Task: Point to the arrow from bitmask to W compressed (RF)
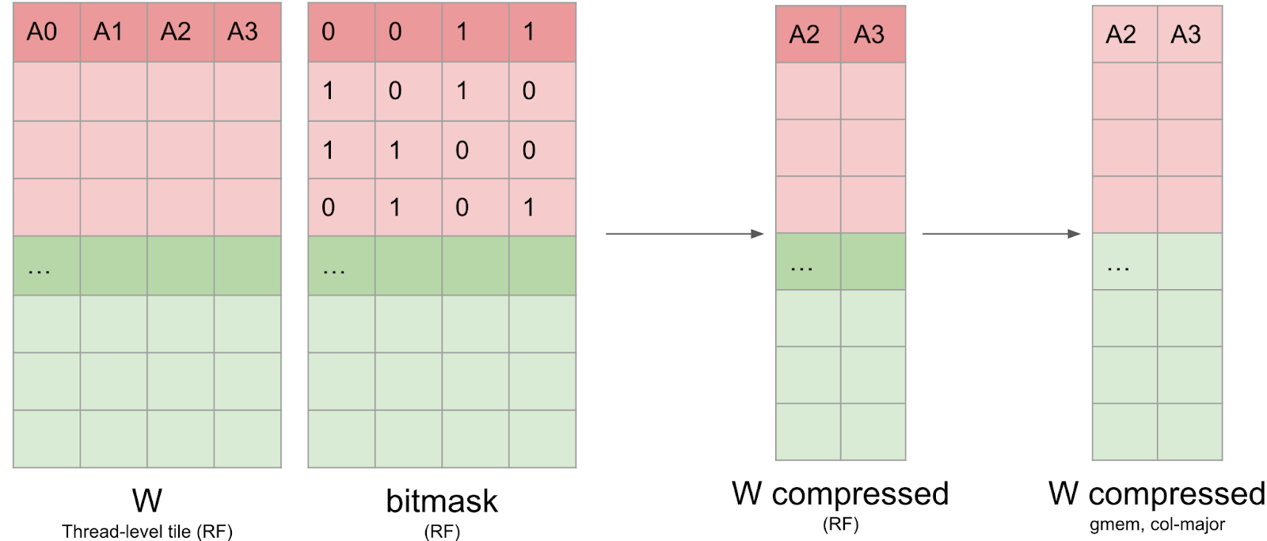click(684, 234)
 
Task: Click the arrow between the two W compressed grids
click(1001, 234)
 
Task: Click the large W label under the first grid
click(147, 501)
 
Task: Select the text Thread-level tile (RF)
click(147, 531)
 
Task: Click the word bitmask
click(441, 501)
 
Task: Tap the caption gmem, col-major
click(1157, 524)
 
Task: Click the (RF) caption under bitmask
click(441, 531)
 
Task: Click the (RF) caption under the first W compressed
click(840, 524)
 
